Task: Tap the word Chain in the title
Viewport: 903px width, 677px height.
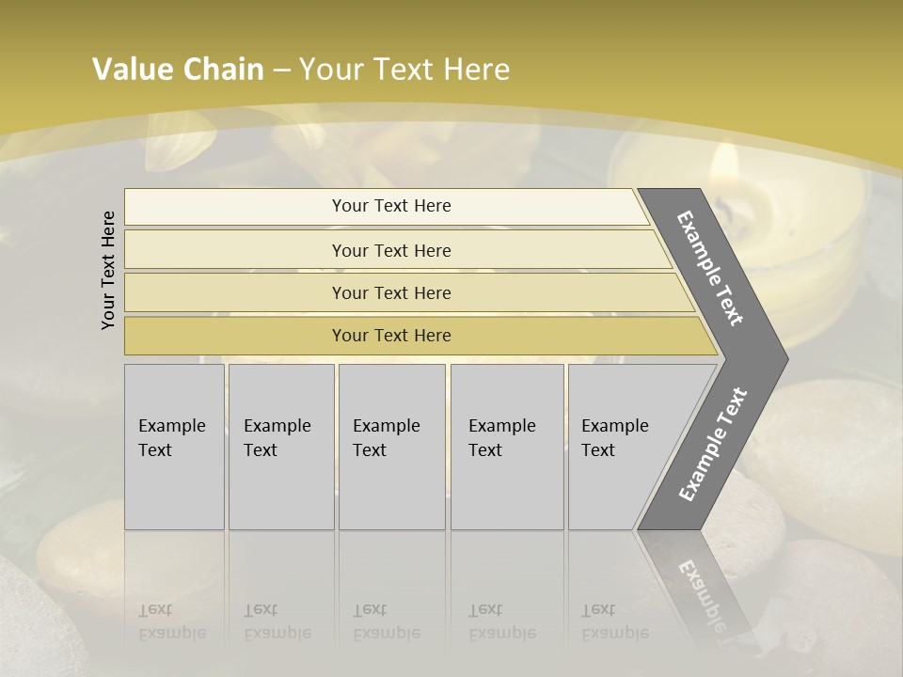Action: point(224,70)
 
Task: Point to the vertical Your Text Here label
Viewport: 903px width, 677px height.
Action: point(109,270)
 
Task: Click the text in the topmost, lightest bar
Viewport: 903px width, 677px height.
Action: point(391,206)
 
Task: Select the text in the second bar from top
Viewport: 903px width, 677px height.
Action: point(391,251)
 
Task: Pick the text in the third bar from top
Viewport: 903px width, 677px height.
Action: point(391,293)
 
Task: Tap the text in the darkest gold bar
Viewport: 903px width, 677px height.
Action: point(391,336)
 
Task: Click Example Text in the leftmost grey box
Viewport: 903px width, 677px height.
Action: point(171,438)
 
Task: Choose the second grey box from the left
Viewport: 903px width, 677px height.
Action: point(281,447)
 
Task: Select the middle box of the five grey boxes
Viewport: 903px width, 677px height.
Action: point(391,447)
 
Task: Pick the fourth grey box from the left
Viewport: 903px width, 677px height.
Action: point(507,447)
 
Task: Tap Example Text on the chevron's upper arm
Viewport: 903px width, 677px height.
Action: point(710,269)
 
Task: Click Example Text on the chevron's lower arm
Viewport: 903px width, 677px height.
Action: point(713,444)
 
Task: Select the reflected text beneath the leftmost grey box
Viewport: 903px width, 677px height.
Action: point(171,622)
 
